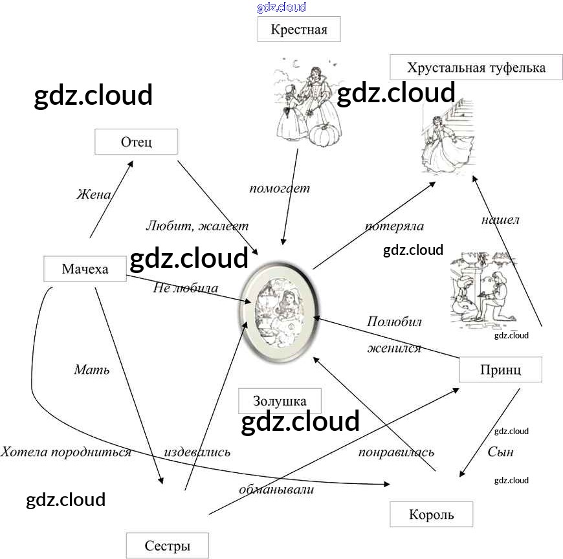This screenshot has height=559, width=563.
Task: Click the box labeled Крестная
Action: tap(299, 30)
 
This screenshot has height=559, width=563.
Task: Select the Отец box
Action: tap(136, 142)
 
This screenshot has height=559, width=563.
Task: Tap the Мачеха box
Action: tap(85, 269)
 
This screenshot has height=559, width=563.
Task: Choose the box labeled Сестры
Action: tap(167, 545)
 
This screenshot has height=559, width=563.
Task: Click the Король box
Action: tap(431, 515)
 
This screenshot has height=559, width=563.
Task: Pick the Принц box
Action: tap(500, 369)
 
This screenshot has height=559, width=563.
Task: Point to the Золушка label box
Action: tap(280, 400)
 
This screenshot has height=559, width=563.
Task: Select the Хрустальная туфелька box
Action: tap(476, 67)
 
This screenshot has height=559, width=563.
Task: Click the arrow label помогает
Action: tap(280, 188)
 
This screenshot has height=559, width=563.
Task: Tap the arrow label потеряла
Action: tap(394, 226)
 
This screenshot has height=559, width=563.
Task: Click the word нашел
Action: tap(500, 220)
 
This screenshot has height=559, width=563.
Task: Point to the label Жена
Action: tap(93, 194)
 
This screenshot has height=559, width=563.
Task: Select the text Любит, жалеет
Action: tap(197, 226)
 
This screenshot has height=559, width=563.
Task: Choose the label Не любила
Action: tap(185, 288)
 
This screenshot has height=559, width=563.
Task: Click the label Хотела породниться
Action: tap(66, 452)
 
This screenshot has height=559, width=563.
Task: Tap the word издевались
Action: tap(197, 452)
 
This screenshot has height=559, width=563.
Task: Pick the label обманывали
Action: tap(276, 489)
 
